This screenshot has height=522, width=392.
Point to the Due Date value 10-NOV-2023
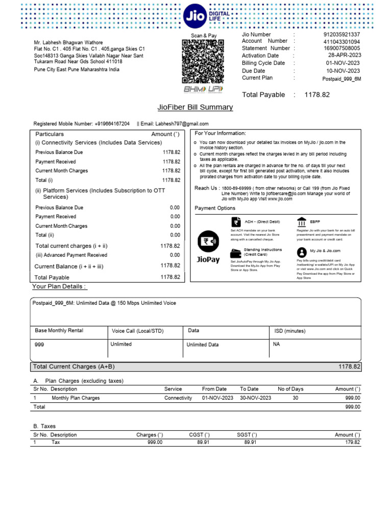pyautogui.click(x=343, y=71)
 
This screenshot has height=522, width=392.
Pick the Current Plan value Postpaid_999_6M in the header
pyautogui.click(x=341, y=79)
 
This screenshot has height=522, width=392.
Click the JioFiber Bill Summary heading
pyautogui.click(x=195, y=108)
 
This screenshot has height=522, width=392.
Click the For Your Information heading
pyautogui.click(x=220, y=134)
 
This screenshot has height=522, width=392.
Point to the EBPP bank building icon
pyautogui.click(x=302, y=222)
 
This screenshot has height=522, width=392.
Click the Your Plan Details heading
pyautogui.click(x=59, y=287)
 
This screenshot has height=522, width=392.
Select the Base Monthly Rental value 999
pyautogui.click(x=39, y=345)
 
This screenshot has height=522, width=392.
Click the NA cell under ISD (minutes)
pyautogui.click(x=277, y=344)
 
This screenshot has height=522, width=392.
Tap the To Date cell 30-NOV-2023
pyautogui.click(x=255, y=398)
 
